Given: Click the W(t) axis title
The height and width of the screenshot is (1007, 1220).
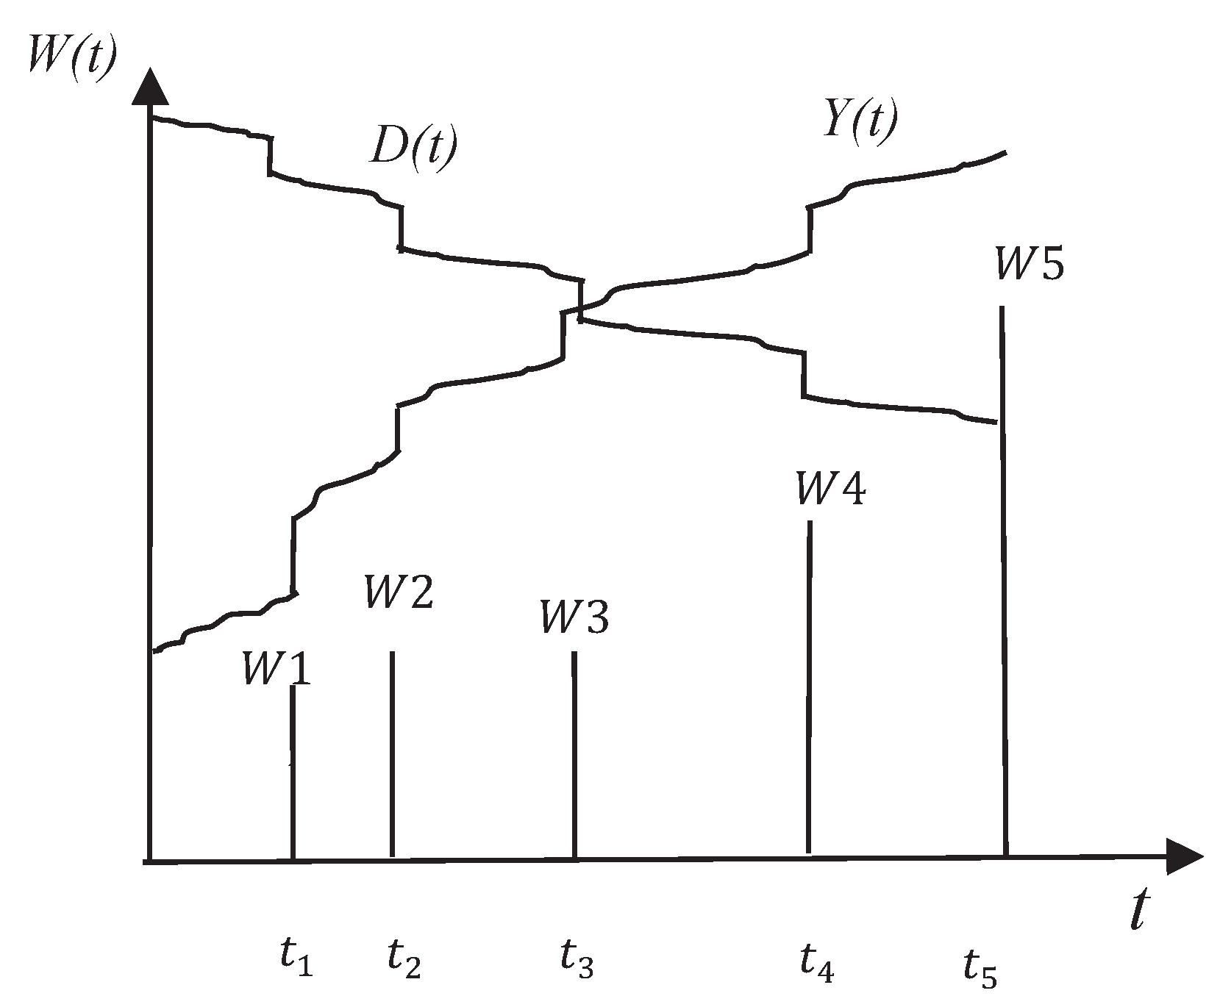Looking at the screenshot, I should pos(71,53).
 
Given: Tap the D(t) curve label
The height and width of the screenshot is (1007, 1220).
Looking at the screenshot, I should pos(413,147).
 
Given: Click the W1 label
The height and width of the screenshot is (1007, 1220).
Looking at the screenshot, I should pos(277,669).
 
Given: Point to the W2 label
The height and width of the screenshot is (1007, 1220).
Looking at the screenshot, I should pos(399,592).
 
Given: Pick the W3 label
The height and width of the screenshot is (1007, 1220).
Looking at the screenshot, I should pos(574,617).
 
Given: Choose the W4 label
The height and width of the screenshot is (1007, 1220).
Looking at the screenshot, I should pos(831,489).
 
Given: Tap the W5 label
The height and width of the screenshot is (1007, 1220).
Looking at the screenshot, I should pos(1029,263).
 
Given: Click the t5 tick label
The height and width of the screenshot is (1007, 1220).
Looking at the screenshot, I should pos(980,967).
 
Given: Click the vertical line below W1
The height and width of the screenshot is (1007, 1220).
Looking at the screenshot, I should pos(293,772).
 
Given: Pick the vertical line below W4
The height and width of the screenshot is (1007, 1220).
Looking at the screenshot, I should pos(809,687).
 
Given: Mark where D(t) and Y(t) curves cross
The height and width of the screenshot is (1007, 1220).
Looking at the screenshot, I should pos(580,308).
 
